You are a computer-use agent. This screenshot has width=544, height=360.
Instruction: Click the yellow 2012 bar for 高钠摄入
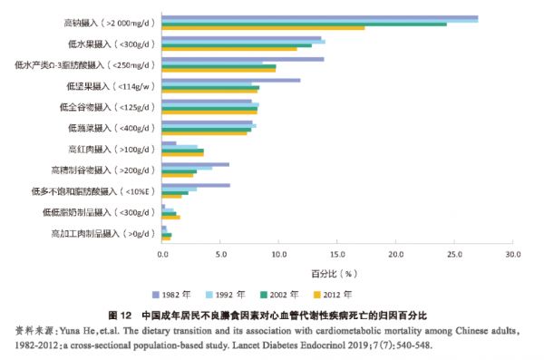263,28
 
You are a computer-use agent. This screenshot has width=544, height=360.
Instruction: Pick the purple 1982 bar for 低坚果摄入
230,81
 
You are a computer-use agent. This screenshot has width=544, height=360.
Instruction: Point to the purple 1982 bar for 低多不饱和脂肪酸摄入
196,185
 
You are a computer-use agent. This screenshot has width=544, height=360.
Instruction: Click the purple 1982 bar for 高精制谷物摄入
195,164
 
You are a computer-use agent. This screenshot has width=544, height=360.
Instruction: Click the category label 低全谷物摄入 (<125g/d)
113,106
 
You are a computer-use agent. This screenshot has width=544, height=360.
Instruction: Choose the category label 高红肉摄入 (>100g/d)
113,148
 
